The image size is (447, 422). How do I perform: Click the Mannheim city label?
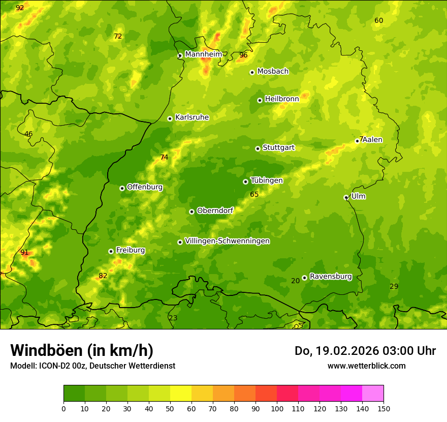click(203, 54)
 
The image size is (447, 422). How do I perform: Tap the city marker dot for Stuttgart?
click(258, 148)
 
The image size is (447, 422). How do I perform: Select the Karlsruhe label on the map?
click(191, 117)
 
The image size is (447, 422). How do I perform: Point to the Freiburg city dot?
click(111, 251)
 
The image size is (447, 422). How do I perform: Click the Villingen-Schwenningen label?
click(227, 241)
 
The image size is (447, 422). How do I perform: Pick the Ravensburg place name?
click(331, 277)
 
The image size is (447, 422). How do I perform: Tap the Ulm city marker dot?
click(346, 197)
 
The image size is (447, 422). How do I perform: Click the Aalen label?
click(373, 140)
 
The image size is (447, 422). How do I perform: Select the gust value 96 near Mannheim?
click(243, 55)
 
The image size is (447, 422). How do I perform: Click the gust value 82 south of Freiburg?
click(103, 276)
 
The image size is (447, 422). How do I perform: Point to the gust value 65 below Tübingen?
click(254, 195)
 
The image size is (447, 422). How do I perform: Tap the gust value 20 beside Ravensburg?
click(296, 281)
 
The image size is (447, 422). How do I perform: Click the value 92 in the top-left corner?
click(20, 8)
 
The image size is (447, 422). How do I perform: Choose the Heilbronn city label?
click(282, 99)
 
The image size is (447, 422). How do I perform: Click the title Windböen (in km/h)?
click(82, 350)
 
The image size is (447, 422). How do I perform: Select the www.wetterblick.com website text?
click(366, 366)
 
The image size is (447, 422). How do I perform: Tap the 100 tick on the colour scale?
click(277, 408)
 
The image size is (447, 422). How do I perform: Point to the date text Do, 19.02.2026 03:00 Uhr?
click(365, 351)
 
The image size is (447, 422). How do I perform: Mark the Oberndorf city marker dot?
click(191, 212)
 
